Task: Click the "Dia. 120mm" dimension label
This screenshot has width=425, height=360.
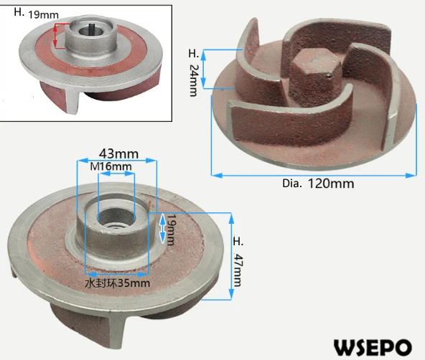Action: click(317, 184)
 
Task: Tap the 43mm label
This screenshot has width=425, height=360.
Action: click(115, 153)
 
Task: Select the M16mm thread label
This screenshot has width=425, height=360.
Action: click(112, 166)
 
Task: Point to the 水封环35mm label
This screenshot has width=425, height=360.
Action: click(117, 283)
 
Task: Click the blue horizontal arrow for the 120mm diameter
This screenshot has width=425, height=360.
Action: click(314, 174)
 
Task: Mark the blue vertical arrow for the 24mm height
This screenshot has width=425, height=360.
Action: click(206, 70)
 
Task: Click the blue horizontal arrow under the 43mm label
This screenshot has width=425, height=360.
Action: click(116, 161)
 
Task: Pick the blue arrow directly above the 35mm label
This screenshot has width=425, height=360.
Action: click(117, 273)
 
